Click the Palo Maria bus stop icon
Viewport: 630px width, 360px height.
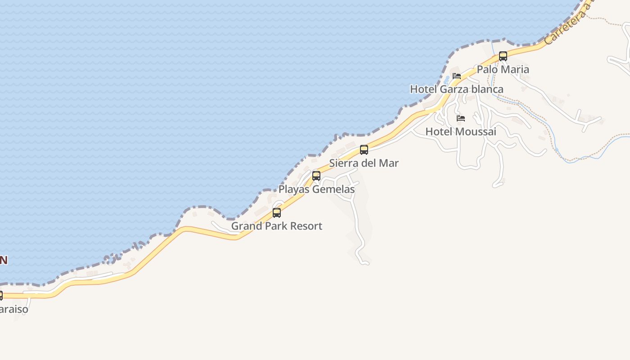[503, 56]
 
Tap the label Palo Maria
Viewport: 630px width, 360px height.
[503, 69]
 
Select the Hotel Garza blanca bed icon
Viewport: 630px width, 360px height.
[457, 76]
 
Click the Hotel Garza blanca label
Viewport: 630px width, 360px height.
[456, 89]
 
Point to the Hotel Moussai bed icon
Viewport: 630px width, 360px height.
[461, 118]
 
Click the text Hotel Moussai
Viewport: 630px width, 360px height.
[461, 131]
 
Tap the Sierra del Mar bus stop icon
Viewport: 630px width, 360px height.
[364, 150]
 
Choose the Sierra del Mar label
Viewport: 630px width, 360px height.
[364, 163]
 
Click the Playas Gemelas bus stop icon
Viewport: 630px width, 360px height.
[316, 176]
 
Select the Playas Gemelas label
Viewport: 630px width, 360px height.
[316, 189]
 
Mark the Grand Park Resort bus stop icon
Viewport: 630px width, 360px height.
[277, 213]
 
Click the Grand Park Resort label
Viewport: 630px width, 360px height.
[276, 226]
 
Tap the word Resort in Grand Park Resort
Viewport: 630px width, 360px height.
[306, 226]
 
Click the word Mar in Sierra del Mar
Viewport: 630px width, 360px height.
[389, 163]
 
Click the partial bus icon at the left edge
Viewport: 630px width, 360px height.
[1, 296]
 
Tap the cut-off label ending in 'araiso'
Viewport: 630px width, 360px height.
[13, 309]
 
